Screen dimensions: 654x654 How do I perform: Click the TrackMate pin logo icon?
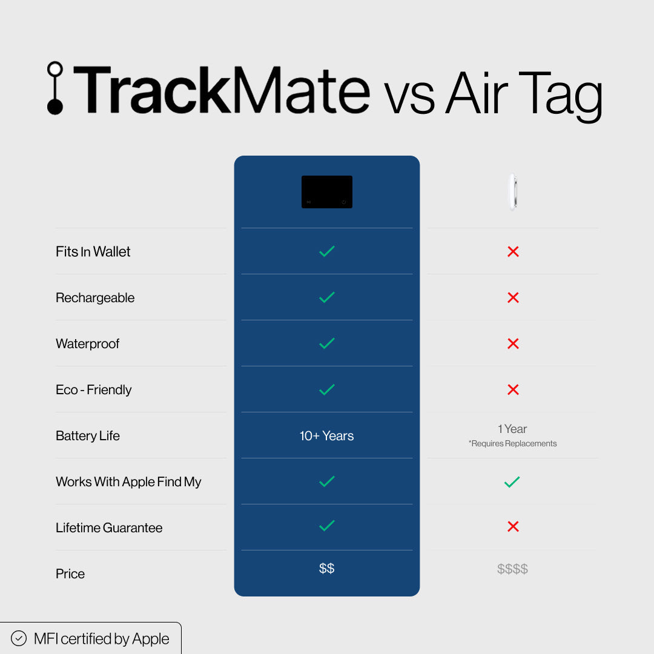(55, 88)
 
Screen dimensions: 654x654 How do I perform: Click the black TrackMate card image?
(327, 192)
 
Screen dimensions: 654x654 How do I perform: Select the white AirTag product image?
(512, 192)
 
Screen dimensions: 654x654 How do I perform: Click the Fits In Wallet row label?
(93, 251)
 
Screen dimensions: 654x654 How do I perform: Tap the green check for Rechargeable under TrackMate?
(327, 297)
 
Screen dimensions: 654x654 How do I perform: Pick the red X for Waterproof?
(513, 343)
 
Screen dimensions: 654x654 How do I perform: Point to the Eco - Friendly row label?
(94, 389)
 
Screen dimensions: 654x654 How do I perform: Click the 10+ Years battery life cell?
(327, 435)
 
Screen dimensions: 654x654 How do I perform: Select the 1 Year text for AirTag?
(512, 429)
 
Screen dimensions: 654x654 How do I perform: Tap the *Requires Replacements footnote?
(512, 443)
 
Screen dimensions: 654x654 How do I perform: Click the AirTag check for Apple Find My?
(512, 482)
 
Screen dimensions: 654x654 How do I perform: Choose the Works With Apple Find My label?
(128, 481)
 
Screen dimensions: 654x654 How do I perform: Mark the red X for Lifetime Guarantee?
(513, 527)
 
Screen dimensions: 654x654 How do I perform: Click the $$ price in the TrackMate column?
(327, 568)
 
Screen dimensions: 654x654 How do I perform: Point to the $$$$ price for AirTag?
(512, 569)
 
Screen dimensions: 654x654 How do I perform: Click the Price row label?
(70, 573)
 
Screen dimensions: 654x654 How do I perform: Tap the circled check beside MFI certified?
(19, 638)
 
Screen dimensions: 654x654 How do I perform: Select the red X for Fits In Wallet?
(513, 251)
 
